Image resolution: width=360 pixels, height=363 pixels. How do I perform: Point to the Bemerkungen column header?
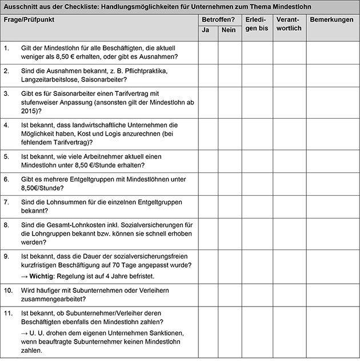coord(331,19)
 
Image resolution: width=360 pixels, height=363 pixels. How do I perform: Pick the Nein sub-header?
coord(229,30)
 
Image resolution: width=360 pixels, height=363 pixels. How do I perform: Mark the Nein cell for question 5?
coord(229,160)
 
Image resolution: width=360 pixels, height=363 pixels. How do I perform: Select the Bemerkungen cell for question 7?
coord(333,206)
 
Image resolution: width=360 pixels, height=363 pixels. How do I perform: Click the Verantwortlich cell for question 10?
coord(290,294)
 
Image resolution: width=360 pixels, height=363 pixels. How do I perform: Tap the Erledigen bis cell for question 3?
coord(257,102)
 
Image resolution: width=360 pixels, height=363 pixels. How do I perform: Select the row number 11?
coord(7,313)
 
